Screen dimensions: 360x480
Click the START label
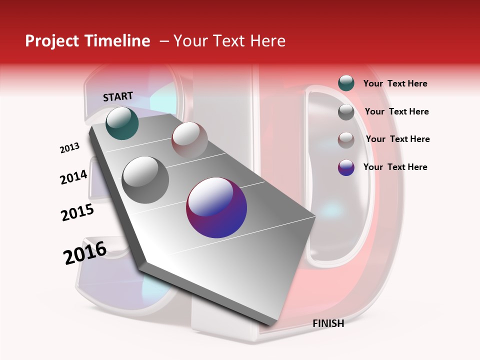tap(118, 96)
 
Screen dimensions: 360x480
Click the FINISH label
tap(328, 323)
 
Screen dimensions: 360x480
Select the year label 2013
tap(69, 148)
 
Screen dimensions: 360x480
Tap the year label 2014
tap(73, 177)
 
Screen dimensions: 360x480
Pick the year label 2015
tap(77, 212)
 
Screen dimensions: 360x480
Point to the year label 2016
tap(85, 253)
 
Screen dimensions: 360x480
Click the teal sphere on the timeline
tap(122, 123)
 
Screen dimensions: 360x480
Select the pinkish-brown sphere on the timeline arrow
tap(189, 139)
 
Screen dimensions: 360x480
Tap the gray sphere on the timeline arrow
tap(145, 180)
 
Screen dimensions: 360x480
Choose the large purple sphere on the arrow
tap(216, 207)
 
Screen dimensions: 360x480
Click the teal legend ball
tap(346, 83)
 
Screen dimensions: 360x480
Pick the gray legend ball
tap(346, 112)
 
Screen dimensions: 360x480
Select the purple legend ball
tap(346, 167)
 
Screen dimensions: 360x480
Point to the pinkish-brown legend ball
tap(346, 139)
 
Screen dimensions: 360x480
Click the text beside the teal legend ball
tap(395, 83)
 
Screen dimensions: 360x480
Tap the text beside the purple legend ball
tap(395, 167)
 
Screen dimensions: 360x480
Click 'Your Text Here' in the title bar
tap(229, 41)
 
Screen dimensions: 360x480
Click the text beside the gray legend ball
tap(396, 111)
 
